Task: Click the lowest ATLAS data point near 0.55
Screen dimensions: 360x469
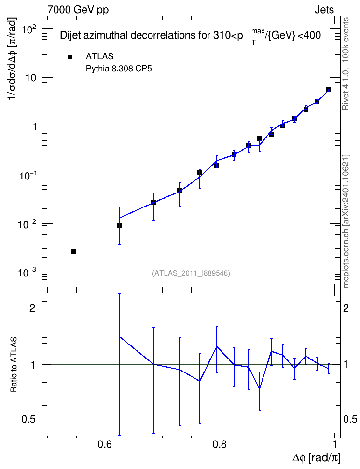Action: click(73, 251)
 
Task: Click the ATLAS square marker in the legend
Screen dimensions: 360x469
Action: click(70, 57)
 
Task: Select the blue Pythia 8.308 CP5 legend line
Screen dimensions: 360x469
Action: click(70, 69)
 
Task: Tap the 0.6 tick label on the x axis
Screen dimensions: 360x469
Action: click(105, 444)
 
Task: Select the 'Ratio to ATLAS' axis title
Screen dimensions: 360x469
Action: click(14, 364)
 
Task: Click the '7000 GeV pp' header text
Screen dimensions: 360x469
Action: click(78, 10)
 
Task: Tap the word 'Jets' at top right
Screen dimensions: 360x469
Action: click(324, 10)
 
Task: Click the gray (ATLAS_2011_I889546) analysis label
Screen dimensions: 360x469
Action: click(191, 273)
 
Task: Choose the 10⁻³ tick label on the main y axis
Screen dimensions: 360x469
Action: click(29, 273)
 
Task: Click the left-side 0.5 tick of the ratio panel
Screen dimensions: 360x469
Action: click(28, 420)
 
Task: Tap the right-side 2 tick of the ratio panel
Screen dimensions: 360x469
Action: click(346, 308)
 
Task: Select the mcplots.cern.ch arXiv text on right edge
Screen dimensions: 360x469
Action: click(346, 221)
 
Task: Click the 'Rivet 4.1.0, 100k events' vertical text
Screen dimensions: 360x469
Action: click(346, 64)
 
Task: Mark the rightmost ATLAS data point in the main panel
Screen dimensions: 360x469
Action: click(328, 89)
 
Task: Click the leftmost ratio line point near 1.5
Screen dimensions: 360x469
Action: click(119, 336)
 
